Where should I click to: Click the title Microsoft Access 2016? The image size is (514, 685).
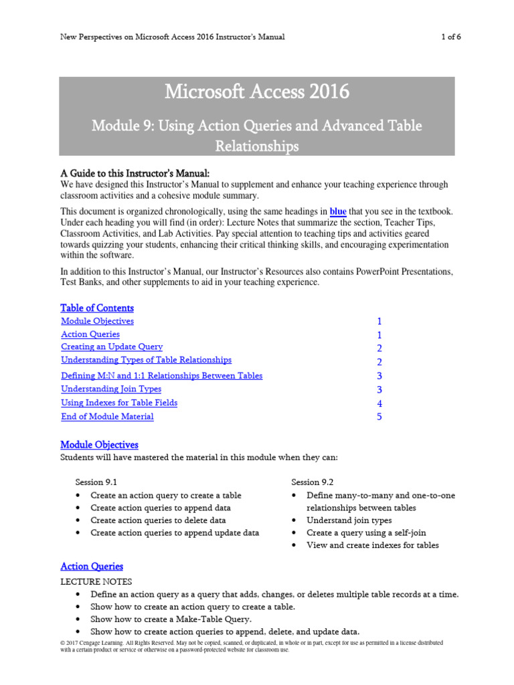257,92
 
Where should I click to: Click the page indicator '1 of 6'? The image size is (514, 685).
451,37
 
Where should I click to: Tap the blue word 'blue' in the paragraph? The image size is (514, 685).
338,211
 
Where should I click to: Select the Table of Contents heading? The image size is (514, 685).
97,308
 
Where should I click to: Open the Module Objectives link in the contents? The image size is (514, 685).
97,321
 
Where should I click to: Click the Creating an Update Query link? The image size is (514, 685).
112,347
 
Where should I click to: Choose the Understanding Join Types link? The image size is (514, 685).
111,389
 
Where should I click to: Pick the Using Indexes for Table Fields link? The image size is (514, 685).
119,403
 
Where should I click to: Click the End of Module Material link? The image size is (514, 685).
107,416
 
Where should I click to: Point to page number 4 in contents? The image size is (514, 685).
379,403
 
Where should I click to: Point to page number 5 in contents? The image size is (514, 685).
379,417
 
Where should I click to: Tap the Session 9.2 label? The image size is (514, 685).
312,482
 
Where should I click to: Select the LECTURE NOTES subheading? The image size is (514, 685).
96,581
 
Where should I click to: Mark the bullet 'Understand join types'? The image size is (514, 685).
349,520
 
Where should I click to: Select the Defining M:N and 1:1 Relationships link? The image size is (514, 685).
161,375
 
